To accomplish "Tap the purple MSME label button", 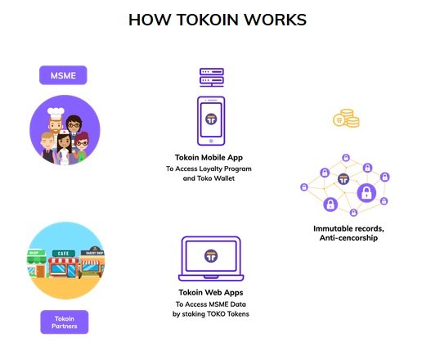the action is coord(63,75).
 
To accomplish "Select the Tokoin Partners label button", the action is coord(65,322).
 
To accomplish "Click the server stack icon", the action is coord(212,77).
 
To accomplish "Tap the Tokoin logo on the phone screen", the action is coord(211,119).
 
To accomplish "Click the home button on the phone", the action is coord(211,141).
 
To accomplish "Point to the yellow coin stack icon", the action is coord(346,118).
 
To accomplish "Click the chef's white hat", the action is coord(56,113).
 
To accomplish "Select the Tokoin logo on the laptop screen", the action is coord(211,256).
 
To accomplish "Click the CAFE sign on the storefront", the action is coord(64,254).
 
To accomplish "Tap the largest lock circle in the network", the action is coord(366,192).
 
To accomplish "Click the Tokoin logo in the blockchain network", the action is coord(343,179).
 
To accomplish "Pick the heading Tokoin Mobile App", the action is coord(209,158).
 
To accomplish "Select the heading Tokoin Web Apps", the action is coord(211,293).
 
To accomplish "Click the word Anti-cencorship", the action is coord(348,238).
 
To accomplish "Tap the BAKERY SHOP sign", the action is coord(92,253).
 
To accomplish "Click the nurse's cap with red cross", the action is coord(65,132).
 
